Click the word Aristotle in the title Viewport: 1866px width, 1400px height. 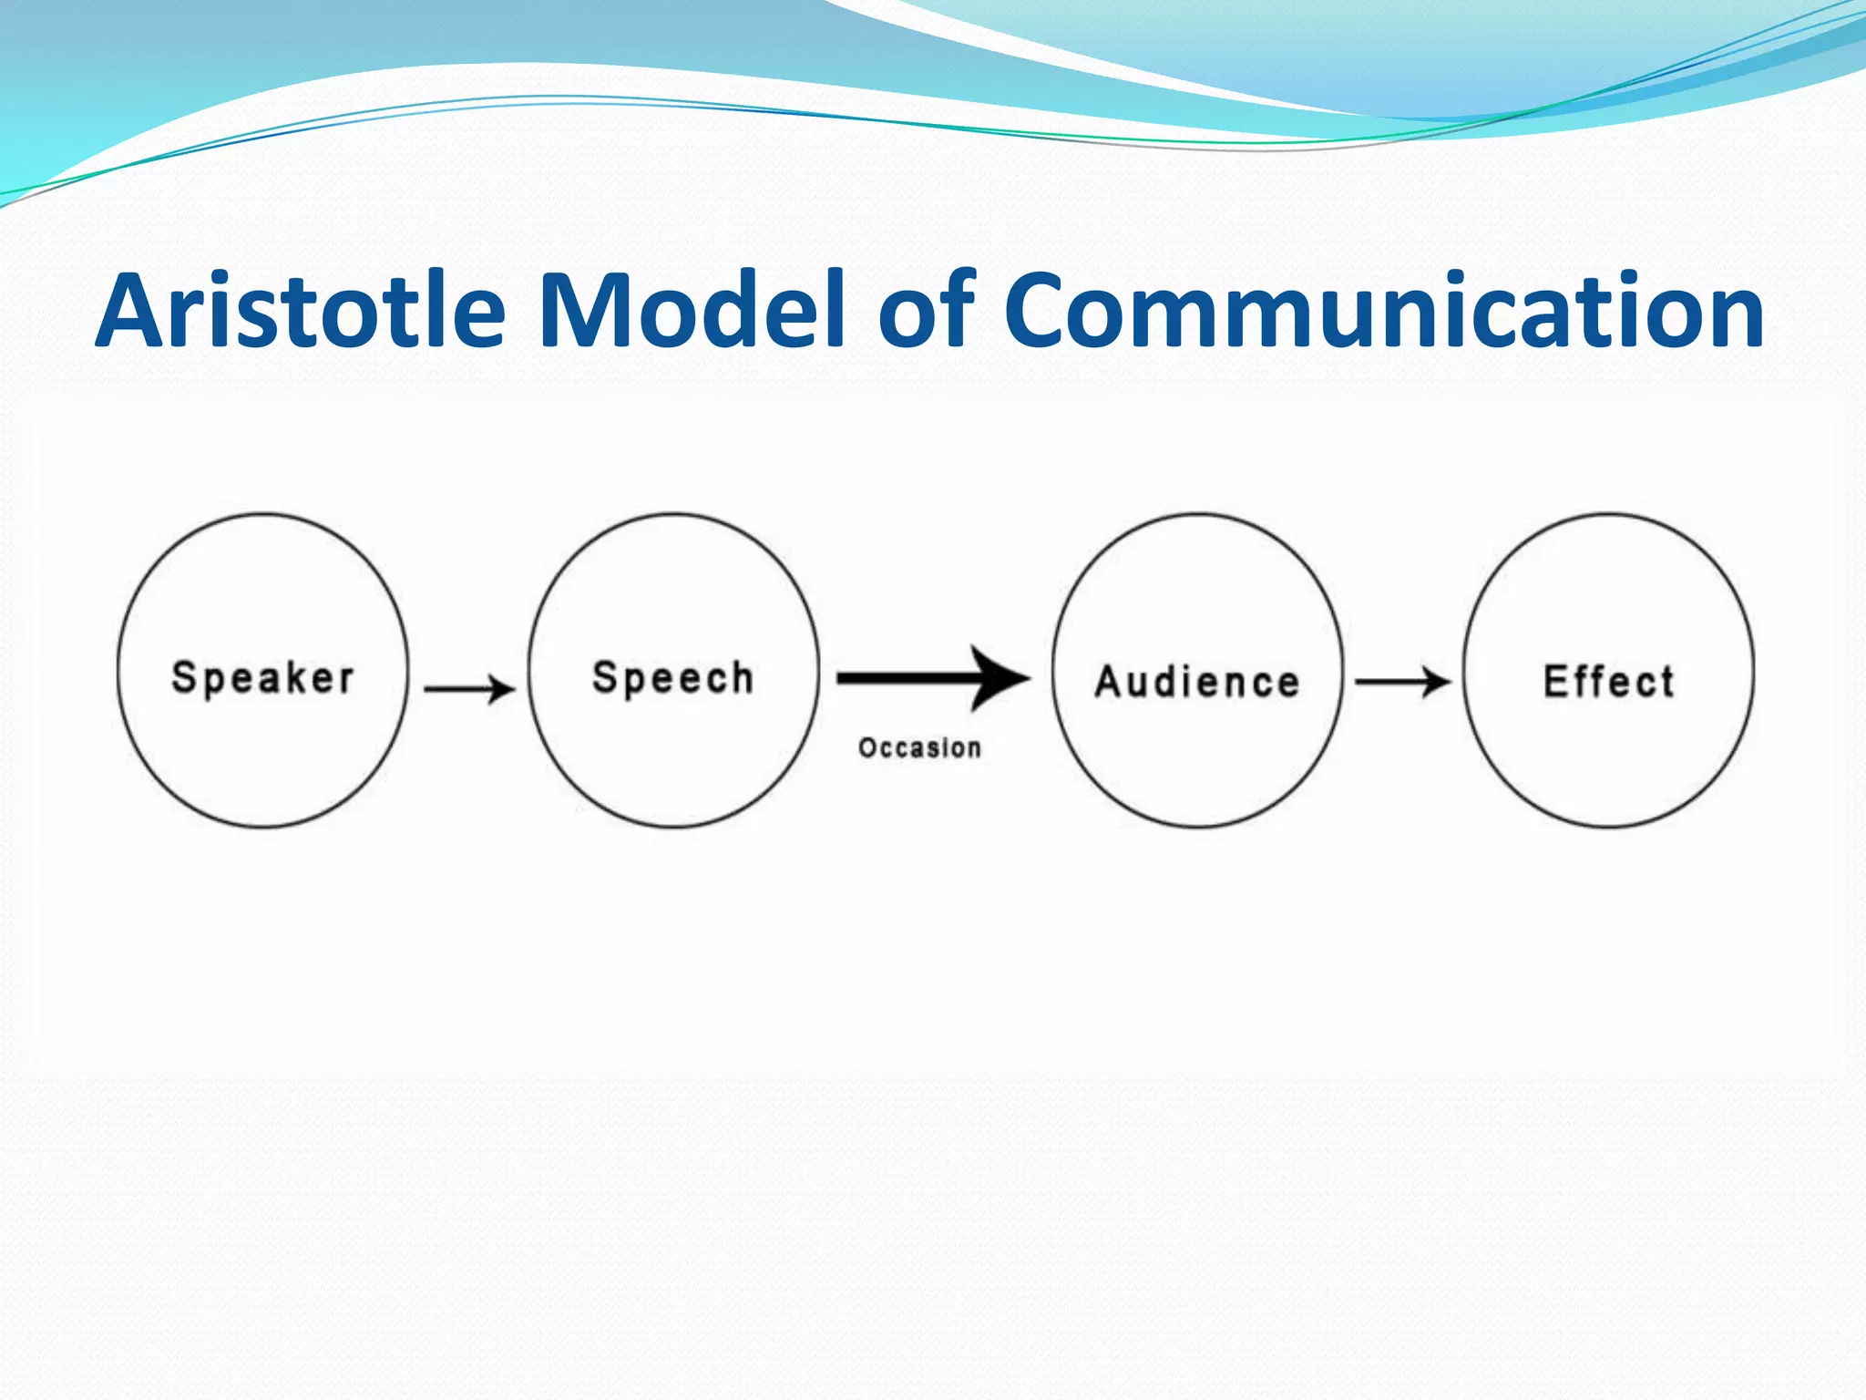pyautogui.click(x=301, y=312)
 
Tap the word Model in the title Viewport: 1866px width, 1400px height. pyautogui.click(x=692, y=312)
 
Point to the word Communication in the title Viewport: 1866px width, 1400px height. pyautogui.click(x=1385, y=312)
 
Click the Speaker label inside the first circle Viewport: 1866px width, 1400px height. pyautogui.click(x=262, y=678)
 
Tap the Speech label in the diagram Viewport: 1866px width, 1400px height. pyautogui.click(x=673, y=678)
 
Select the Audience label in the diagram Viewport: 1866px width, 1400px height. pyautogui.click(x=1197, y=682)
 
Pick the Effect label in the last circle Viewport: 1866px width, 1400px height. pyautogui.click(x=1609, y=682)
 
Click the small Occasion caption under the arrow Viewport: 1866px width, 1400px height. pyautogui.click(x=919, y=748)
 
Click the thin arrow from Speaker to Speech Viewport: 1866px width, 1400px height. pyautogui.click(x=468, y=688)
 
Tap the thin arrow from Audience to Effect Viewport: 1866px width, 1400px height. pyautogui.click(x=1401, y=682)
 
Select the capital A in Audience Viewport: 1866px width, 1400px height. pyautogui.click(x=1109, y=682)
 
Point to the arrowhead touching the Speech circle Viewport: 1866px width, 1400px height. pyautogui.click(x=501, y=688)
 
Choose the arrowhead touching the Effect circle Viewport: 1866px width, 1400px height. pyautogui.click(x=1438, y=682)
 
